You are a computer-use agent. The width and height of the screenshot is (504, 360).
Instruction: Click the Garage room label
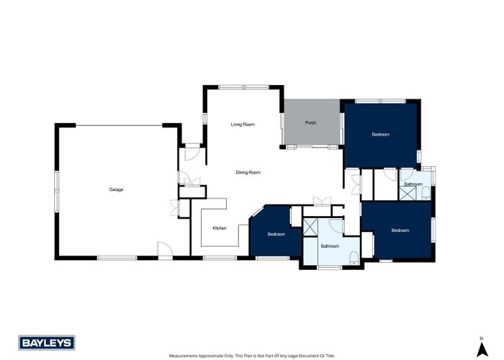point(116,189)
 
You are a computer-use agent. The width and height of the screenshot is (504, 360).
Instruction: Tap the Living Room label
point(243,125)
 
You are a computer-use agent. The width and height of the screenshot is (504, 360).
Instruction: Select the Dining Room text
point(248,173)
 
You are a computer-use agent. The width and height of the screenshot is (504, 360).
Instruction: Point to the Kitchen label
point(220,228)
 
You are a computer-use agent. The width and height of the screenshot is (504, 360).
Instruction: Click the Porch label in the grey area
point(310,123)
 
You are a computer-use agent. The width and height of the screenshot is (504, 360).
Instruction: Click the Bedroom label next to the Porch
point(380,135)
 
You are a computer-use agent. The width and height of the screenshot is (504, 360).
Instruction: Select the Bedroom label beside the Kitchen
point(276,234)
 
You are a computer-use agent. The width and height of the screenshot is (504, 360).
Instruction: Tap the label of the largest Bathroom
point(330,246)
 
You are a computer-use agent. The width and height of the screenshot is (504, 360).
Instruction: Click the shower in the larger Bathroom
point(311,227)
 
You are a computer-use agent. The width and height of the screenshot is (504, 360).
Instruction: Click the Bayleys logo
point(40,342)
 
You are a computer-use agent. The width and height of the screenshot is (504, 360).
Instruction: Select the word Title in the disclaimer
point(329,356)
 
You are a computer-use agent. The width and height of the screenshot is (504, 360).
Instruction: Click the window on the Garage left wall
point(55,191)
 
